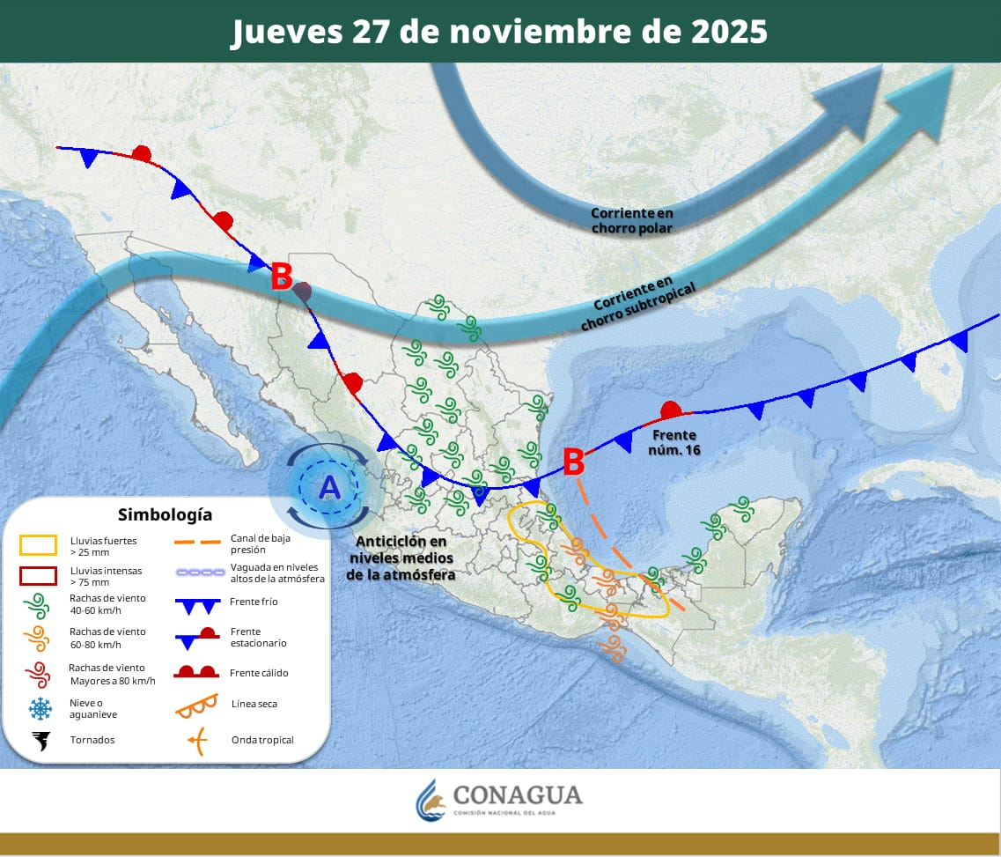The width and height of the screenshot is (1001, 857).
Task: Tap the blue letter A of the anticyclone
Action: coord(329,486)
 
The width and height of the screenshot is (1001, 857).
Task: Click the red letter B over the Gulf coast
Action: coord(573,460)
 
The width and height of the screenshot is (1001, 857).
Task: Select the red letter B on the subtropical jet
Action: coord(281,277)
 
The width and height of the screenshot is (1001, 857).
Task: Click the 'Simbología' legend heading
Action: coord(165,514)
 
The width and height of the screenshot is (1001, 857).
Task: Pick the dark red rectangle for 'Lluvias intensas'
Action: coord(40,576)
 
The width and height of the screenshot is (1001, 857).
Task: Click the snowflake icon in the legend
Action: coord(40,708)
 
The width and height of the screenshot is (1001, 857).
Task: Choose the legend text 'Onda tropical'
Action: coord(262,740)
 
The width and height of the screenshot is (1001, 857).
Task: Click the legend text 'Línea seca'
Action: coord(254,704)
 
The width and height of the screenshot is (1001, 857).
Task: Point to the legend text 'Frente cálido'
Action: coord(259,673)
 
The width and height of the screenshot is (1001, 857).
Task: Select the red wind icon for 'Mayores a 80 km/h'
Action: coord(40,674)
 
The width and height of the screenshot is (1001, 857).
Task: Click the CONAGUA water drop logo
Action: coord(431,798)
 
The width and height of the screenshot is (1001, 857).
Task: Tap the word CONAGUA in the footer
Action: coord(518,794)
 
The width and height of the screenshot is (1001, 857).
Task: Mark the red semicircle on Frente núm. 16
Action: coord(671,410)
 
